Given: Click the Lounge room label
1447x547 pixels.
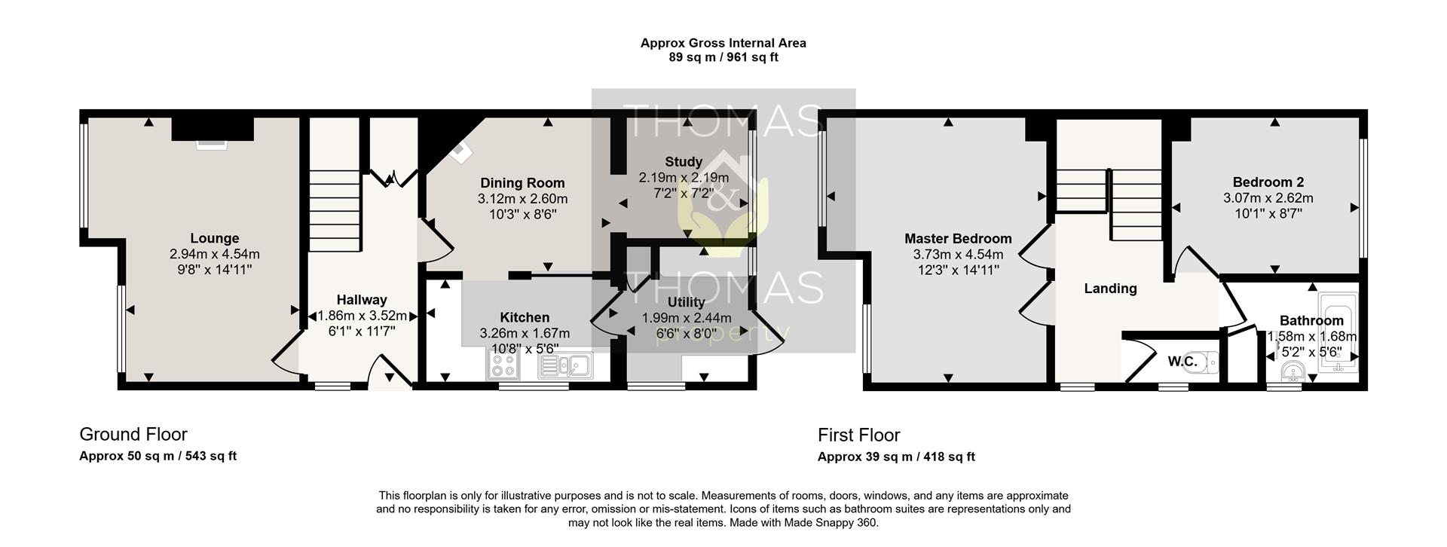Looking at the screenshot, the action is tap(214, 239).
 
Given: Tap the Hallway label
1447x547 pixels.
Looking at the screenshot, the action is tap(362, 300).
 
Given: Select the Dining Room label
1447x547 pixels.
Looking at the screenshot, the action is tap(522, 183).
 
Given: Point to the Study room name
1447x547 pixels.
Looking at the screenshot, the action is tap(684, 161).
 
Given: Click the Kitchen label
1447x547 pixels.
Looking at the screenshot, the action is tap(525, 317).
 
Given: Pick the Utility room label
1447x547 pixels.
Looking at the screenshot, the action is tap(686, 302).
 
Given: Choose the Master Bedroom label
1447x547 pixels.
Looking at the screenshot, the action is tap(958, 239).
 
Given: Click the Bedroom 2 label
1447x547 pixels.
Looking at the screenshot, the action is tap(1268, 182).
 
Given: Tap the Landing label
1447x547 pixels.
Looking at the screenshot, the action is tap(1110, 289).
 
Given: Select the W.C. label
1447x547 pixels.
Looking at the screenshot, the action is tap(1182, 362).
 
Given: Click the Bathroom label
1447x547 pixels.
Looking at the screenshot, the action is tap(1311, 320).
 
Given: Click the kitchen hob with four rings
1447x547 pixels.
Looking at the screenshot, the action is tap(504, 366).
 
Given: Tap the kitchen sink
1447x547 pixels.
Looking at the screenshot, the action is tap(565, 366).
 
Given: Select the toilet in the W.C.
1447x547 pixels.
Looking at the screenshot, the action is tap(1209, 362).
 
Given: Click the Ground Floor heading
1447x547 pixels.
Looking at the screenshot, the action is tap(133, 434).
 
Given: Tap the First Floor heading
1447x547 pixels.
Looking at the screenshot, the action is tap(859, 435).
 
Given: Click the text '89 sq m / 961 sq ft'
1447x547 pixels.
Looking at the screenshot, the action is tap(723, 57).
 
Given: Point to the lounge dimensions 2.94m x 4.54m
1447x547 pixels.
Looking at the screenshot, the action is tap(215, 255).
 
